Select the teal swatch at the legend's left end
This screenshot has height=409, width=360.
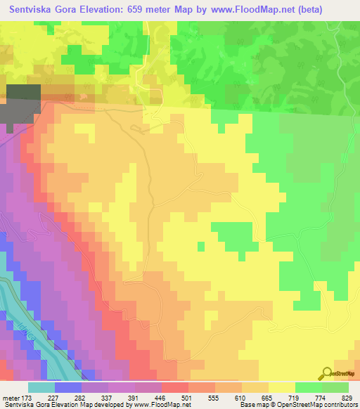pos(41,387)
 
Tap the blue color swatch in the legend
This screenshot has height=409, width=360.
pos(67,387)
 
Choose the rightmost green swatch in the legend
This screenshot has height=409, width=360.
pos(335,387)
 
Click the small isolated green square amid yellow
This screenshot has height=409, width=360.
pos(201,245)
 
